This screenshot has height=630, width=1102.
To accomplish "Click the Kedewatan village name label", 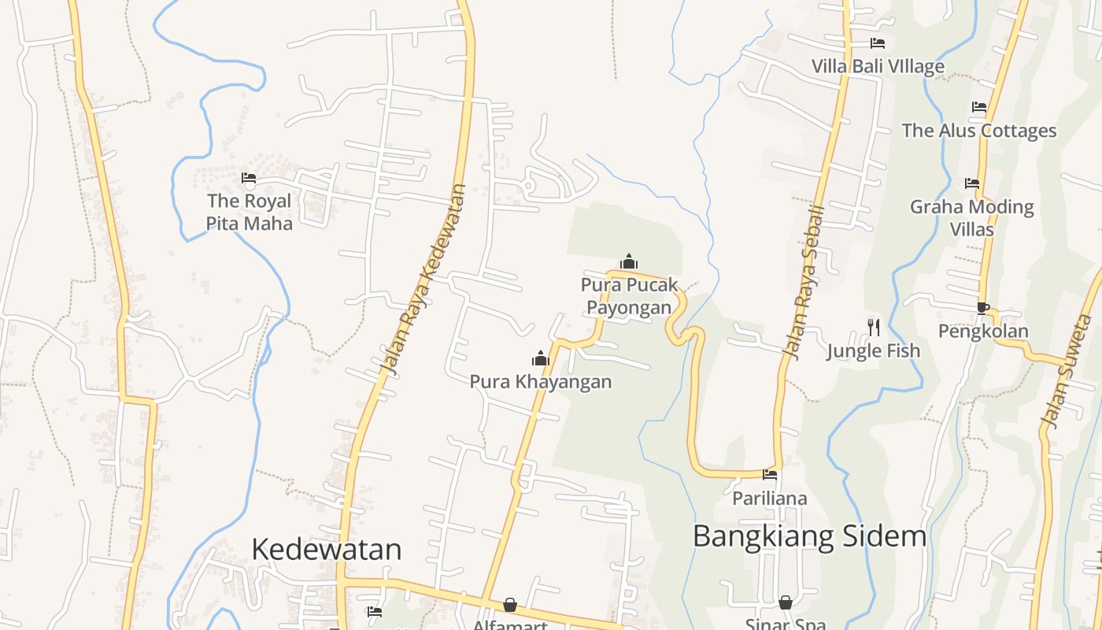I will [327, 549].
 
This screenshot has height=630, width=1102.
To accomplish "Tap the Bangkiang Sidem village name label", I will [809, 536].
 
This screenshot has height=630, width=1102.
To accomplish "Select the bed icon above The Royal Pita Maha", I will [249, 178].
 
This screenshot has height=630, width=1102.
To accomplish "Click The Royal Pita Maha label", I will [249, 212].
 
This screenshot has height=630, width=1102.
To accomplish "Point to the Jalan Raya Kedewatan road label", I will [423, 279].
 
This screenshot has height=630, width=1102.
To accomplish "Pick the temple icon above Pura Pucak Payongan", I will [628, 261].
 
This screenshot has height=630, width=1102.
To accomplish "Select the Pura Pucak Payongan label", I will [629, 296].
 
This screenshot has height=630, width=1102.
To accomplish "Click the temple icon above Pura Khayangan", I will [541, 359].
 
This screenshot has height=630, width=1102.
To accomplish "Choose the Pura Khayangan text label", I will [541, 382].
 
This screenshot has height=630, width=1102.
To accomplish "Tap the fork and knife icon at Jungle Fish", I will [874, 327].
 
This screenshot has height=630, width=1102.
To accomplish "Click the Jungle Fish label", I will [874, 350].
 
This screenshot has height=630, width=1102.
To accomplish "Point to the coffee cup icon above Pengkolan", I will [982, 308].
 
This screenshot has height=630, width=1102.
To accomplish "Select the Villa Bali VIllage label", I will [878, 66].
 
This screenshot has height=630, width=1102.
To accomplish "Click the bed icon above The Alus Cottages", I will [979, 107].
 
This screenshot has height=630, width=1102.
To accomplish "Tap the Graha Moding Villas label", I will [972, 217].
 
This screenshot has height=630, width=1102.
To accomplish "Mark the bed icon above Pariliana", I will [770, 474].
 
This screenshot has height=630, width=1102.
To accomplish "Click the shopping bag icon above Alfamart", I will [510, 605].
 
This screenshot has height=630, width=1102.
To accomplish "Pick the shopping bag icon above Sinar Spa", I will [786, 603].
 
